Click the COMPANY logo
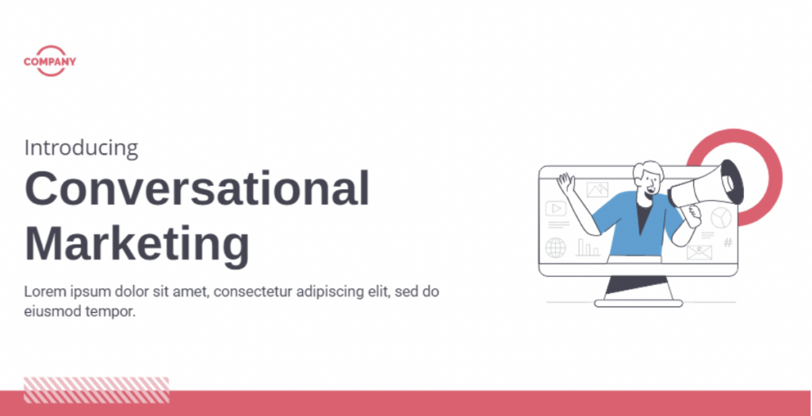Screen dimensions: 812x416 coord(50,61)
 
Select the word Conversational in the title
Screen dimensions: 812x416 coord(197,188)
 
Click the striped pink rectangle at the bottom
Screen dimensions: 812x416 coord(96,390)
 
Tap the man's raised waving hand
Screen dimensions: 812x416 coord(565,183)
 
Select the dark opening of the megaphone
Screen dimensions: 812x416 coord(732,182)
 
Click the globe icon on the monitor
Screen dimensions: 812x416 coord(556,248)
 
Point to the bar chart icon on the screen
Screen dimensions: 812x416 coord(588,248)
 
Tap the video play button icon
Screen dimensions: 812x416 coord(556,209)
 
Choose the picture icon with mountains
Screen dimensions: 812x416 coord(598,190)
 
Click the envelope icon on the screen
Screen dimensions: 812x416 coord(699,252)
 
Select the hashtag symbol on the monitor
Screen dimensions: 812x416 coord(728,242)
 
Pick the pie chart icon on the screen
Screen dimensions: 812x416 coord(721,218)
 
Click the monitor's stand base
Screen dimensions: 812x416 coord(638,303)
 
